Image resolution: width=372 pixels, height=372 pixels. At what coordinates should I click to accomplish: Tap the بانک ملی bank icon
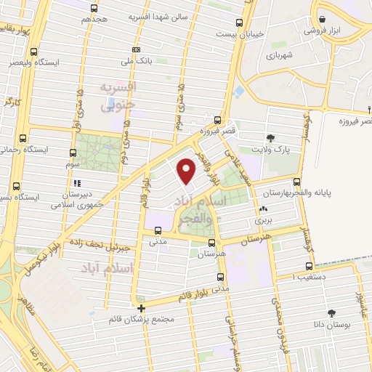click(135, 49)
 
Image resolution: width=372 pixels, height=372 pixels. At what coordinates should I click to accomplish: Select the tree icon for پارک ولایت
click(271, 137)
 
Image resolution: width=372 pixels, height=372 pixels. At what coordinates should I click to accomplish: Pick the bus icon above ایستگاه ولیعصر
click(33, 52)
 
